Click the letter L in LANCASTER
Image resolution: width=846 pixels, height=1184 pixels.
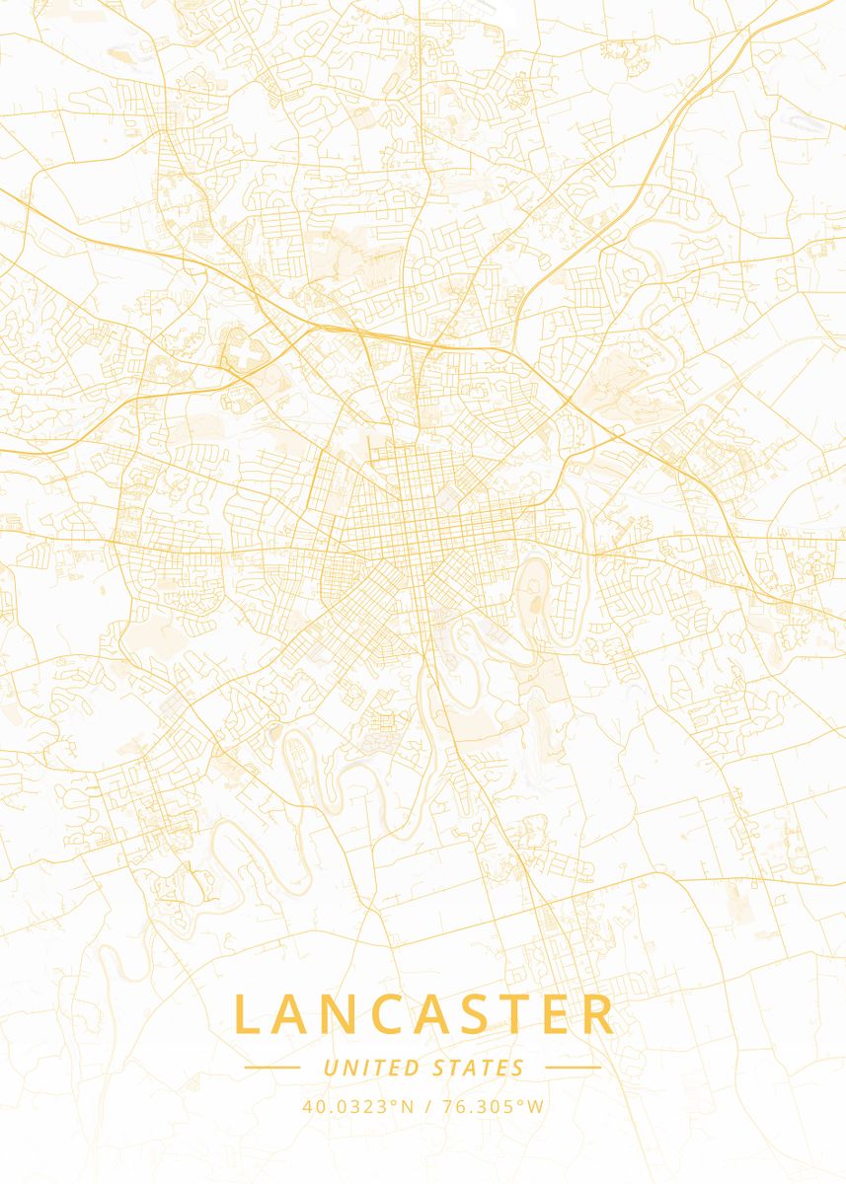pos(248,1015)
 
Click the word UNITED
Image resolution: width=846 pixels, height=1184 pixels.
pos(370,1068)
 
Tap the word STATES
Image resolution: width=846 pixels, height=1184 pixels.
pos(479,1068)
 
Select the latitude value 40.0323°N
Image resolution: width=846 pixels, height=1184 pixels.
pos(358,1106)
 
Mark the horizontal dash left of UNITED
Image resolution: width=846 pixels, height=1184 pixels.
pos(272,1068)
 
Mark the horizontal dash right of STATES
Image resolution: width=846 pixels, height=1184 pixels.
pos(573,1068)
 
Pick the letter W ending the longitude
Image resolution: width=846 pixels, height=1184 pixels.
pos(536,1106)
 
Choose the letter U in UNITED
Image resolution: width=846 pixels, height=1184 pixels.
pos(330,1068)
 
